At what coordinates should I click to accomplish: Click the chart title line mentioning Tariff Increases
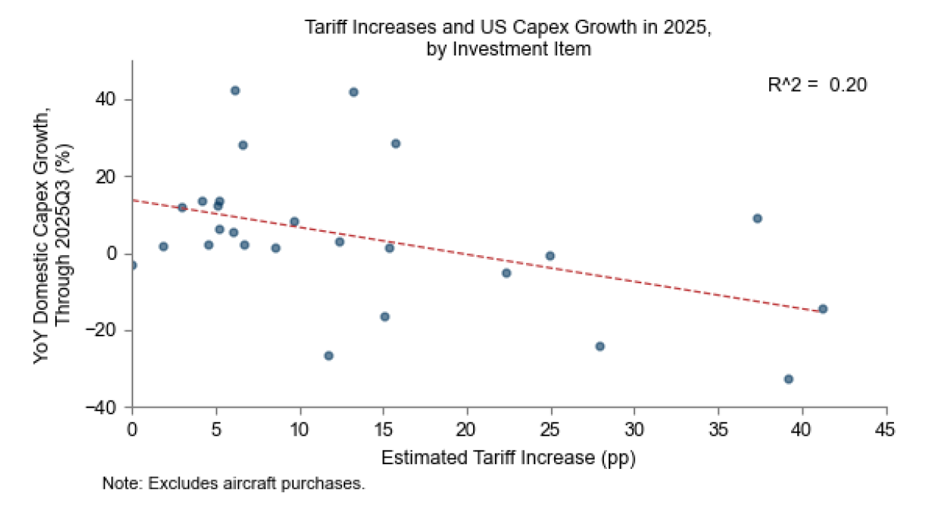click(508, 27)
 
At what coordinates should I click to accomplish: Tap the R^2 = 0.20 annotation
click(817, 85)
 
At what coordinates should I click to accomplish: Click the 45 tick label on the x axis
click(886, 430)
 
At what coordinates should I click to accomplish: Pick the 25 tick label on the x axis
click(551, 430)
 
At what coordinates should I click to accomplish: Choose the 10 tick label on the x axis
click(300, 430)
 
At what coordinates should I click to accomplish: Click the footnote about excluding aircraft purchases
click(234, 483)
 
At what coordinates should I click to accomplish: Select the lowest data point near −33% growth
click(788, 379)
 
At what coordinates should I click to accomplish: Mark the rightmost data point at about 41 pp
click(823, 308)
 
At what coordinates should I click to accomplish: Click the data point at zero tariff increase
click(132, 265)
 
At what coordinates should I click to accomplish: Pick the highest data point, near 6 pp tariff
click(235, 90)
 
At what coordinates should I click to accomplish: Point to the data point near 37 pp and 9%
click(757, 218)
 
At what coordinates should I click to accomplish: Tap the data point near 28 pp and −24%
click(600, 346)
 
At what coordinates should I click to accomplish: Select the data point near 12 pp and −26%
click(329, 355)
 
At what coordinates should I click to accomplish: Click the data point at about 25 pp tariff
click(550, 255)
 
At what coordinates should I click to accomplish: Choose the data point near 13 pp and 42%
click(353, 92)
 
